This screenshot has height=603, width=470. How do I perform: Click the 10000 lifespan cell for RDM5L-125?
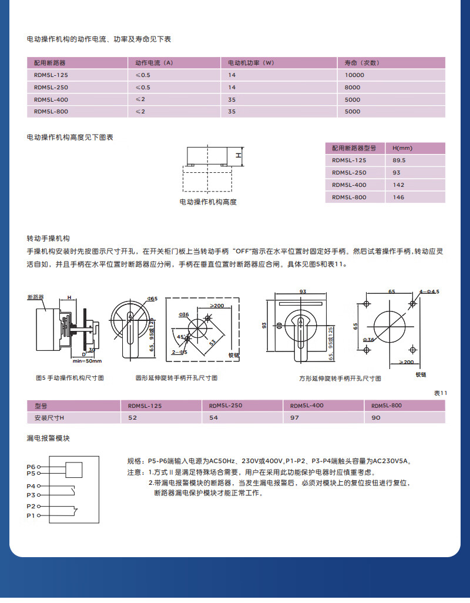(354, 75)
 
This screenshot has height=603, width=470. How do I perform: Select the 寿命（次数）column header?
(360, 62)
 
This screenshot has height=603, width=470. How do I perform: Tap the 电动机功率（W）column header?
(251, 62)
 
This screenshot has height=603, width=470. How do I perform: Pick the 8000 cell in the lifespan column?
(352, 88)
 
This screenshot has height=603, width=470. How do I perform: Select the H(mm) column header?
(402, 148)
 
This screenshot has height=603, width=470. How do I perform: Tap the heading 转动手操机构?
(48, 239)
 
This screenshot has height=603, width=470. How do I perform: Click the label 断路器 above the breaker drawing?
(36, 297)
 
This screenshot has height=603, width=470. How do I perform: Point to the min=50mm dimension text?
(87, 361)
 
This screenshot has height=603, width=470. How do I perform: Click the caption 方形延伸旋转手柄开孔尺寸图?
(340, 379)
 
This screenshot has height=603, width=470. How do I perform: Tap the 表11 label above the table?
(440, 393)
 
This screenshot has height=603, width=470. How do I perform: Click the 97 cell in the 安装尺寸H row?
(294, 417)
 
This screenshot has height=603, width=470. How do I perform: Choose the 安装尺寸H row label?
(49, 417)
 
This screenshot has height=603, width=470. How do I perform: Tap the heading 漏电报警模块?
(48, 438)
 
